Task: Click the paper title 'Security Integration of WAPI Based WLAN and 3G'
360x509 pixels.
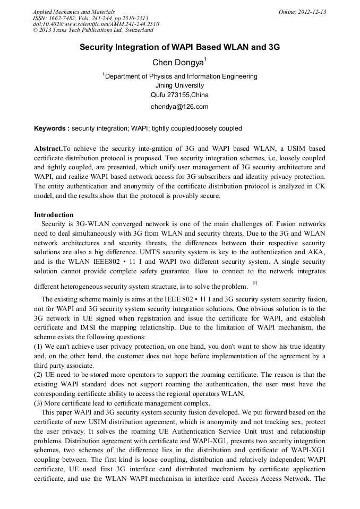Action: coord(179,47)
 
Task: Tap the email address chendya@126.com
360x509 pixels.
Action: coord(179,107)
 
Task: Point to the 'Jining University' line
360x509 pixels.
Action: coord(179,85)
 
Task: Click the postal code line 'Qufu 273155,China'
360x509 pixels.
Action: coord(179,96)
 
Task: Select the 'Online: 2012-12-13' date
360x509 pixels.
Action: coord(302,12)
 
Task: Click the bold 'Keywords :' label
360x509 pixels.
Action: coord(52,128)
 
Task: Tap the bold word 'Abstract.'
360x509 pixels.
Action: coord(48,149)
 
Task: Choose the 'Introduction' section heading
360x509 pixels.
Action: coord(54,215)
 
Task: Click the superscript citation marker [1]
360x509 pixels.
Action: coord(255,283)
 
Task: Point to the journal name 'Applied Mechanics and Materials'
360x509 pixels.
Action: coord(73,12)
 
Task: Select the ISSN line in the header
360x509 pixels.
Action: coord(90,18)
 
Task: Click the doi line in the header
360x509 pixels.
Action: coord(96,24)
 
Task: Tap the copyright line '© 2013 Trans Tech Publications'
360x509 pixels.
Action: coord(92,31)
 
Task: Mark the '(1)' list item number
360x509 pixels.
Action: coord(39,346)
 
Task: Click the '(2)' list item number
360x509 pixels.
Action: coord(39,374)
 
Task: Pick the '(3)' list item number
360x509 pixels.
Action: coord(39,402)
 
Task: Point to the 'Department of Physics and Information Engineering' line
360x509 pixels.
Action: coord(181,76)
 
